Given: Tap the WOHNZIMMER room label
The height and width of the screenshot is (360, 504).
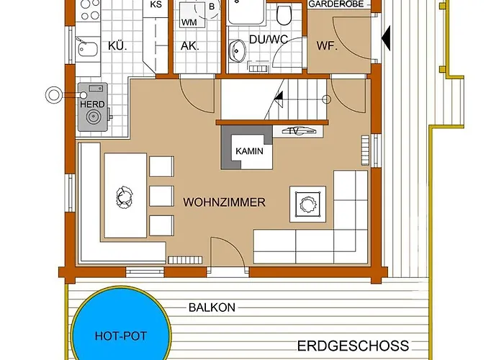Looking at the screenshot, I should [224, 202].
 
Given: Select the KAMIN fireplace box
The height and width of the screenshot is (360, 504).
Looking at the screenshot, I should [249, 152].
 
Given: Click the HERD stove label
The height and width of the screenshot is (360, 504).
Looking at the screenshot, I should [92, 104].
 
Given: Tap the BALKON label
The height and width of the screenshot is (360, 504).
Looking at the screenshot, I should [212, 307].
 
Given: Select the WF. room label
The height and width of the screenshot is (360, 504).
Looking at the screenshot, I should [326, 45].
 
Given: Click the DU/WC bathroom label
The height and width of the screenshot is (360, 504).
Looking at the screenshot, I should [268, 40].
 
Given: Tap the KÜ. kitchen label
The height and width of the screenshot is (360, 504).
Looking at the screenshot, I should [117, 45].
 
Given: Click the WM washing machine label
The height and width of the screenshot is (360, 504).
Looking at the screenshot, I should [189, 22].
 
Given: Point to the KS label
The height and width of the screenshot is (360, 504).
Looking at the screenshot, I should [156, 5].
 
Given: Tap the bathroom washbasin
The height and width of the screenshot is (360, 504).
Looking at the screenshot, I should [237, 51].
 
